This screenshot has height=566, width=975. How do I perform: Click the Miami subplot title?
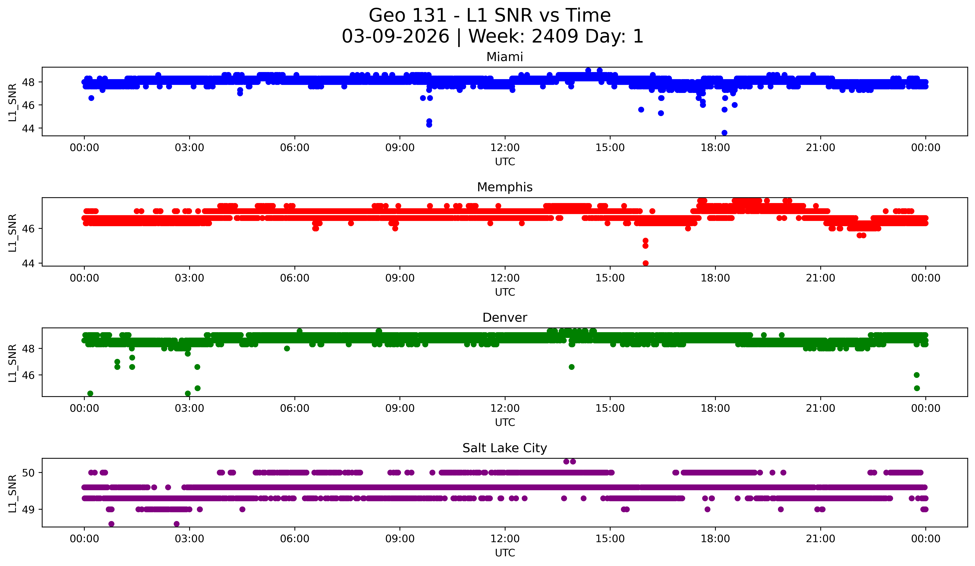click(505, 57)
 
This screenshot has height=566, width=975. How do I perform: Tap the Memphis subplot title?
click(505, 187)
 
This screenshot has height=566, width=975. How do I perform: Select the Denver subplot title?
click(505, 318)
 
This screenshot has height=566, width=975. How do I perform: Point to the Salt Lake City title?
click(505, 448)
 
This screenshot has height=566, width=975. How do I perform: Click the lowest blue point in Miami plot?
click(724, 133)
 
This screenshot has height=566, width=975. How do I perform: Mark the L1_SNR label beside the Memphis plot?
click(13, 233)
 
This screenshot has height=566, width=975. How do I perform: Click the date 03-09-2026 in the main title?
click(395, 36)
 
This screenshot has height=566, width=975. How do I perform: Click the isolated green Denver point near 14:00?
click(571, 367)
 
